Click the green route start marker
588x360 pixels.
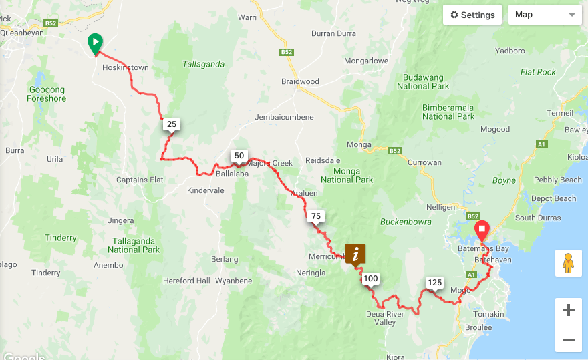[x=96, y=43]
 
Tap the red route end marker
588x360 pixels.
[x=481, y=232]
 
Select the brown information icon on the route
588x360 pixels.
[x=355, y=254]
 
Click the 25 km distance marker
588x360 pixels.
[x=172, y=124]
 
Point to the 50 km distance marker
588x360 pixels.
[x=239, y=156]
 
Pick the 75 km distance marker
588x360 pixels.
[x=316, y=216]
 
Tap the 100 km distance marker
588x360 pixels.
[x=371, y=279]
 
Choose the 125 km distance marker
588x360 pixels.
[x=434, y=283]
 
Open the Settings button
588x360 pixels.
[x=472, y=15]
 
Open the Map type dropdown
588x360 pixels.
[x=545, y=15]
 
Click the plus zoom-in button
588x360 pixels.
[x=568, y=310]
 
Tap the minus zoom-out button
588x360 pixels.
[x=568, y=339]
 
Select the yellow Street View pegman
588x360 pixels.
[x=568, y=263]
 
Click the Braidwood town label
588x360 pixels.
[x=300, y=82]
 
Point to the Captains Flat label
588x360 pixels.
[x=140, y=180]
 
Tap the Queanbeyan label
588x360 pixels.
[x=22, y=31]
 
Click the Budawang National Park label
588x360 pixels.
[x=422, y=81]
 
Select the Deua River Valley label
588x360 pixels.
[x=385, y=318]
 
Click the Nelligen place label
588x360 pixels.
[x=440, y=207]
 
